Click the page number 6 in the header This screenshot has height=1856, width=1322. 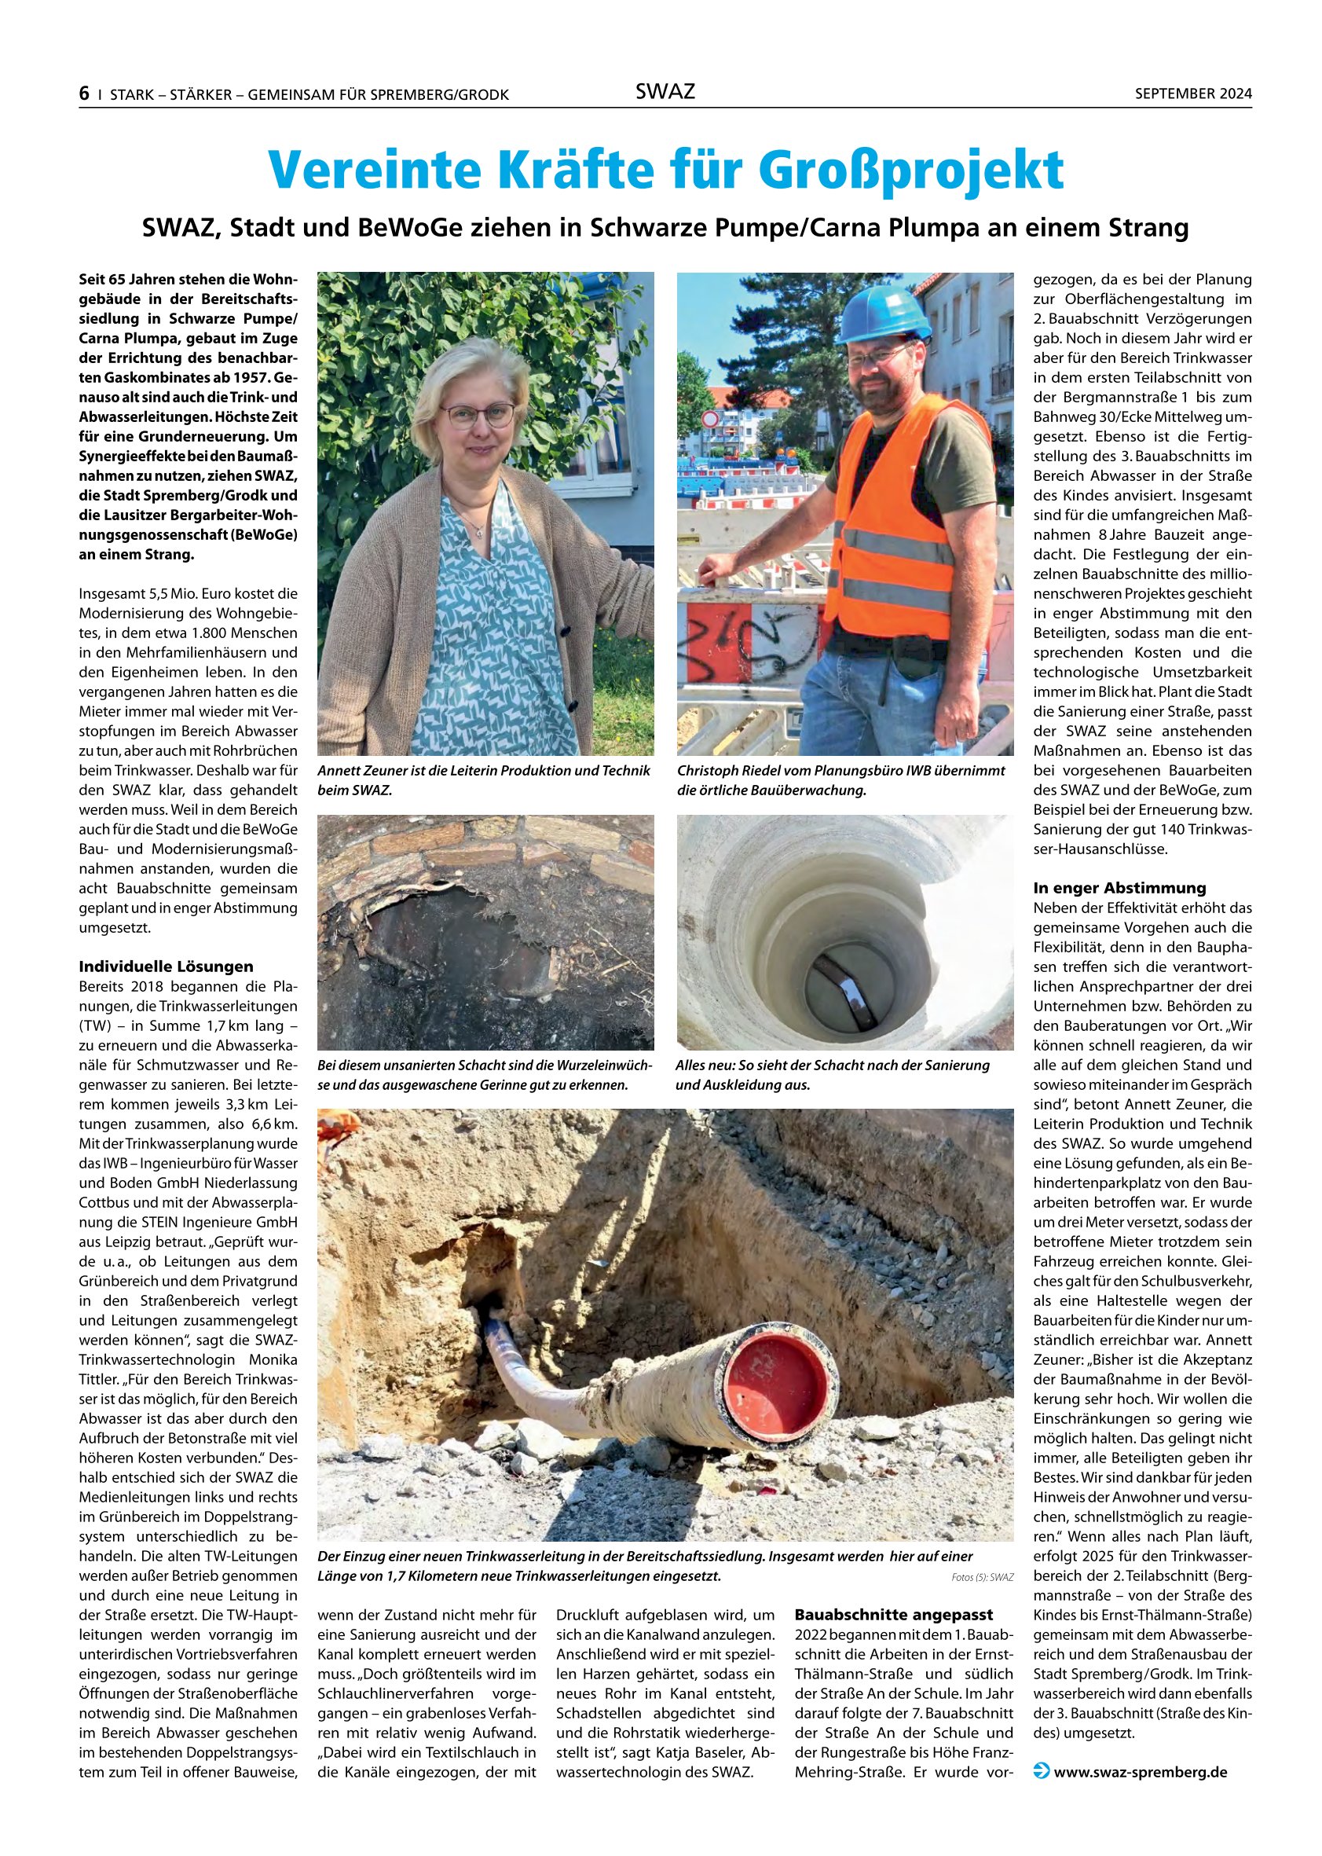[x=84, y=94]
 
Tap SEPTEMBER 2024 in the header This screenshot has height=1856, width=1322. [x=1192, y=94]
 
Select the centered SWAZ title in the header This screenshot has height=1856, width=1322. [x=665, y=92]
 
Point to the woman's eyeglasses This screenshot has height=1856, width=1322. [x=477, y=416]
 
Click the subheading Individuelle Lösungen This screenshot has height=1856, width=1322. [x=166, y=967]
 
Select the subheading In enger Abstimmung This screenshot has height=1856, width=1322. [x=1119, y=888]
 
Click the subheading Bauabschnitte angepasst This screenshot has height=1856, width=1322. [x=894, y=1614]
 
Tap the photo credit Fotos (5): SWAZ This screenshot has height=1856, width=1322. [x=982, y=1578]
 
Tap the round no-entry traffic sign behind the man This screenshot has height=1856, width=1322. [x=710, y=419]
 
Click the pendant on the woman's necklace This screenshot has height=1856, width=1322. [x=479, y=533]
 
